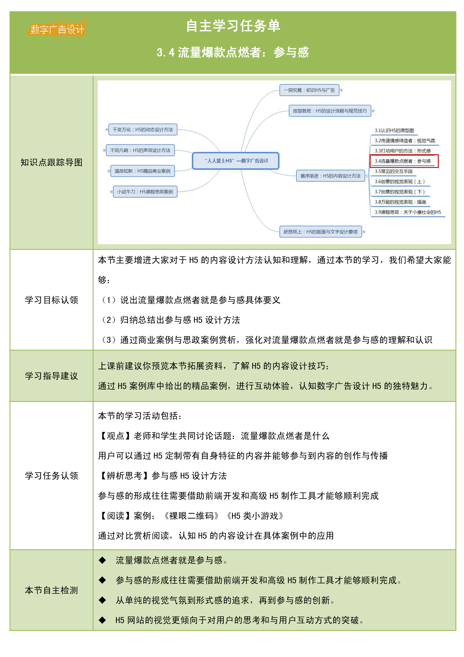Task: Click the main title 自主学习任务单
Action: point(233,26)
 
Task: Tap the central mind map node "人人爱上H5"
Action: point(236,161)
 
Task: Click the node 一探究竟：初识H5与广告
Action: point(309,90)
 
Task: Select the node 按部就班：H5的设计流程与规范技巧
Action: point(330,111)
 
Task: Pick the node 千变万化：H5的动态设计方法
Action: point(143,130)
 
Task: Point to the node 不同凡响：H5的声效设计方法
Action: point(140,150)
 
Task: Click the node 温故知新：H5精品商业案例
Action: point(142,171)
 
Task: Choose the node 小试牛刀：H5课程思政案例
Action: point(145,192)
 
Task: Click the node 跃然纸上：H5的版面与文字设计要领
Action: point(320,232)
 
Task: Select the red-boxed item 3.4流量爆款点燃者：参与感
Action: point(404,161)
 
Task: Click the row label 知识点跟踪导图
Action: point(51,163)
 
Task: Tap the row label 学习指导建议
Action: point(51,376)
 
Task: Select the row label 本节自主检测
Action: point(51,590)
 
